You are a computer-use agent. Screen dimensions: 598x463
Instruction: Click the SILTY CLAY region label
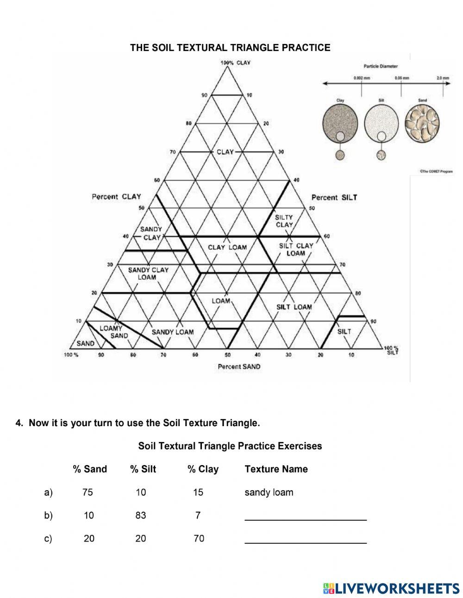point(284,221)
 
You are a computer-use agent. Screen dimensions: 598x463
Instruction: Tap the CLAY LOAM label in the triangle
point(227,247)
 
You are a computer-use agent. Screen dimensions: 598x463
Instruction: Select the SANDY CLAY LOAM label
point(148,273)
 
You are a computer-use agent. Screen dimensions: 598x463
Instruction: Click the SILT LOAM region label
point(294,307)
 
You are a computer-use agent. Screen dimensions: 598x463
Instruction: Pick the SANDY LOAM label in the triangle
point(173,332)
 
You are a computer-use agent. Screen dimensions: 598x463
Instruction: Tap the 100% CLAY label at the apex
point(235,63)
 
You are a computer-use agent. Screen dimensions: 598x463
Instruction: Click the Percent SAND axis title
point(239,366)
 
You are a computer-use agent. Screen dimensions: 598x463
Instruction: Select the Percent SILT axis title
point(334,197)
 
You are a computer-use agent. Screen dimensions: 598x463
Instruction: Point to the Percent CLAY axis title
point(116,197)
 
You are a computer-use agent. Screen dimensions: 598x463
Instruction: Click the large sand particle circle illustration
point(422,123)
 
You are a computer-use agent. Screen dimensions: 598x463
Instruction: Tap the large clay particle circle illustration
point(340,123)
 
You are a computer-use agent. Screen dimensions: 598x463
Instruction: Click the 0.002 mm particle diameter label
point(362,78)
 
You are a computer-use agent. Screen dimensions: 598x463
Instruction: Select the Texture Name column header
point(276,469)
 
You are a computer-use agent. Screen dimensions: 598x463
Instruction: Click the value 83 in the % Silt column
point(141,515)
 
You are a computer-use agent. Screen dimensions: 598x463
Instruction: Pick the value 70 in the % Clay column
point(199,538)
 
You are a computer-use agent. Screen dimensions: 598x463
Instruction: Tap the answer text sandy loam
point(269,492)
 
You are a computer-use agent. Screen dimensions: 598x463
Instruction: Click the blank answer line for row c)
point(306,541)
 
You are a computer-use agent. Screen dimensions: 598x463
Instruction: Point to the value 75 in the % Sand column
point(88,492)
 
